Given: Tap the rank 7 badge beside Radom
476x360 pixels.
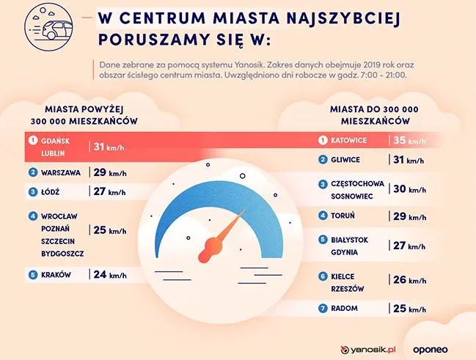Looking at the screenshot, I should (323, 309).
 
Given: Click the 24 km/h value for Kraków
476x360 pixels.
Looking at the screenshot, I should (109, 275).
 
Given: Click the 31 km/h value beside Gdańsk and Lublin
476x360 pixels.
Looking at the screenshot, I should (109, 147).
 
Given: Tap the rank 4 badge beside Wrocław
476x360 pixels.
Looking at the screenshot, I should (32, 216).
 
